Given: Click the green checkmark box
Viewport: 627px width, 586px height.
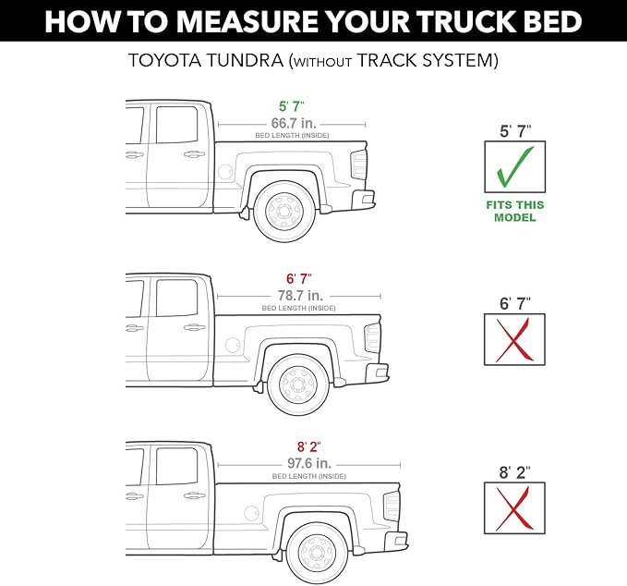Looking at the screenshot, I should pos(515,167).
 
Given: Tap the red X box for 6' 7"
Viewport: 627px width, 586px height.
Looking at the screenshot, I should pos(515,339).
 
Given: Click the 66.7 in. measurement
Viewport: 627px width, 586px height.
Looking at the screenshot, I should pos(291,124).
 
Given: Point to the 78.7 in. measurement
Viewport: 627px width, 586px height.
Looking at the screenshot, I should pos(298,295).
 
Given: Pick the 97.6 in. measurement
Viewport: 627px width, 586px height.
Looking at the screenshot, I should pos(309,463).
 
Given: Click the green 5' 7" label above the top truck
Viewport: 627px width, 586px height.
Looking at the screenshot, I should pos(292,106).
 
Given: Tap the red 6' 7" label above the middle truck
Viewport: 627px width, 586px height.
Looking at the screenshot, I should pos(298,278).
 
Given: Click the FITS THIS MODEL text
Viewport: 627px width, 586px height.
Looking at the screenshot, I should pos(515,211).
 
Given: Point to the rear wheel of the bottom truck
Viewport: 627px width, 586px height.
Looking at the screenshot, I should pos(314,552).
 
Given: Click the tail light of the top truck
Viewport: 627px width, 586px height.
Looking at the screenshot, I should pos(358,166).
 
